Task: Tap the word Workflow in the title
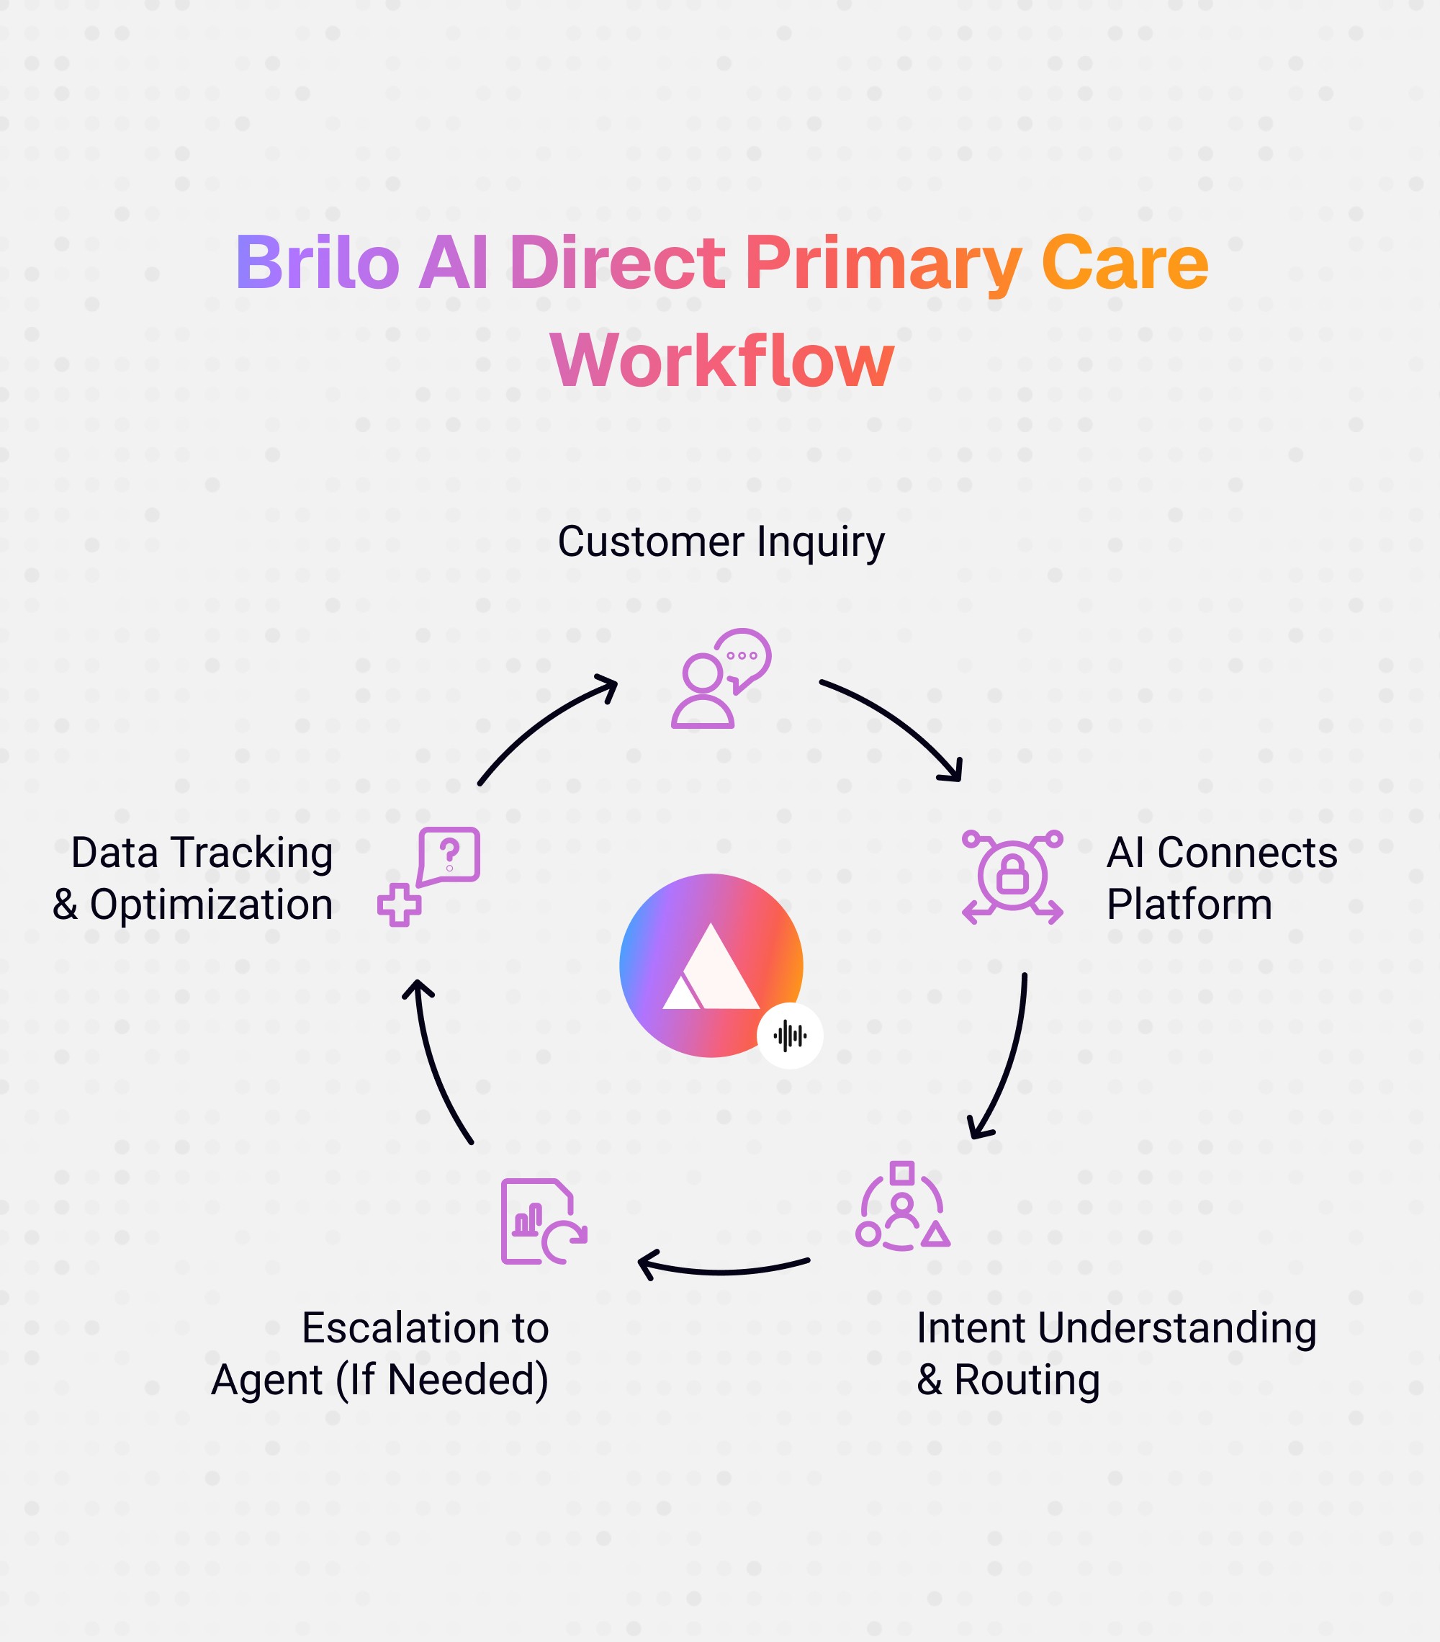click(x=721, y=361)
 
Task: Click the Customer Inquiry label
click(x=721, y=542)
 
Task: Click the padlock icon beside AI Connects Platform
click(x=1012, y=876)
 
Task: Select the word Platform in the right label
click(x=1189, y=905)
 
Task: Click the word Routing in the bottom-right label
click(x=1027, y=1380)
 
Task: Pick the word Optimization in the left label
click(x=211, y=905)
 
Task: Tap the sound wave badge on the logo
click(x=789, y=1036)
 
